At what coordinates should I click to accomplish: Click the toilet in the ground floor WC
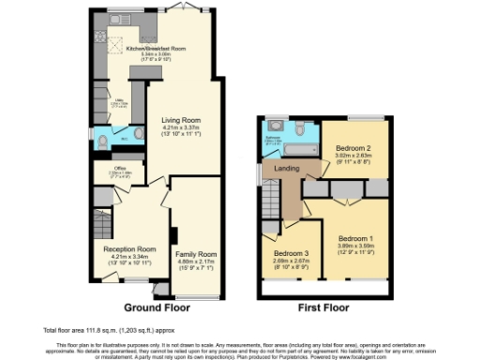pyautogui.click(x=103, y=142)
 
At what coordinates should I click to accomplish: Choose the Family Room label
pyautogui.click(x=196, y=254)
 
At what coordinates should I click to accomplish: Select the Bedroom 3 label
pyautogui.click(x=292, y=253)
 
